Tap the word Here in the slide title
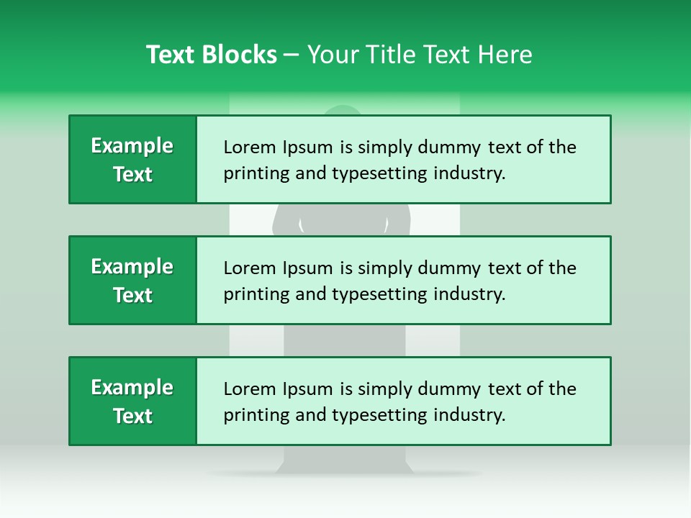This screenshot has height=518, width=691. click(504, 55)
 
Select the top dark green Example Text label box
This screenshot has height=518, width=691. click(132, 160)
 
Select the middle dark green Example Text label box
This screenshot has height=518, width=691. click(132, 281)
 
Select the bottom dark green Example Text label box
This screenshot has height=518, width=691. click(132, 401)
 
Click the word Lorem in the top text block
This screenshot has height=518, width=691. click(247, 147)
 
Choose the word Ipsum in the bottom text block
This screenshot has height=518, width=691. click(309, 389)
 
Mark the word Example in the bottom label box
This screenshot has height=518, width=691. click(132, 388)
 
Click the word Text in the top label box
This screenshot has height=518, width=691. click(132, 175)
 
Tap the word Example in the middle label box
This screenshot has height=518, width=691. click(132, 267)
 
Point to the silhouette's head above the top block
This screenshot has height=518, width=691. click(343, 111)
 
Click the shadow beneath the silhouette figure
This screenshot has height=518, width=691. click(344, 473)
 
